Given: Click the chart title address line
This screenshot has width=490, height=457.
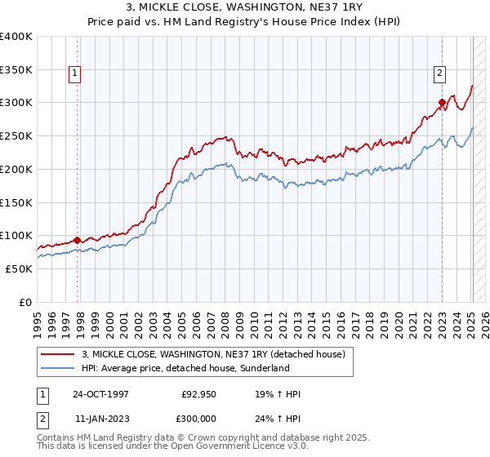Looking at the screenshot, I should (x=245, y=7).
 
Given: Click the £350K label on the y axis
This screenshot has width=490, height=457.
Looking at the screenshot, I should (x=16, y=69).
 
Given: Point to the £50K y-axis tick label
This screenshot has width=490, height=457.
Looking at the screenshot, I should (x=19, y=268).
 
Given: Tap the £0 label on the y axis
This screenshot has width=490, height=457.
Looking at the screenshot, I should (x=25, y=302).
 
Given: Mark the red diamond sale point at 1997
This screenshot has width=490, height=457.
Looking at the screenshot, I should (x=77, y=240).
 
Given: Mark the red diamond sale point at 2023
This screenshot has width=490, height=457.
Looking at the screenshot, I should (x=442, y=103).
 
